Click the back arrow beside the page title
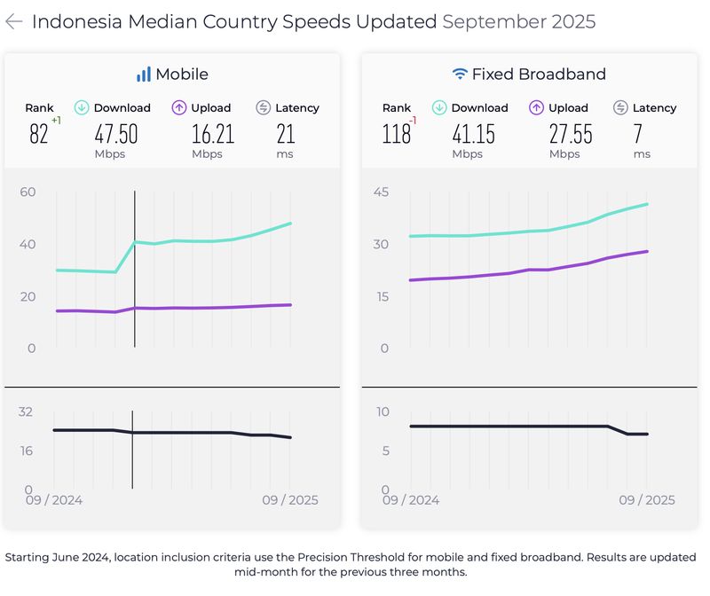[x=13, y=22]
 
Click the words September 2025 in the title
[x=518, y=22]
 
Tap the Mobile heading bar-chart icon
[x=143, y=74]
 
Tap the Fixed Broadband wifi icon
[x=459, y=74]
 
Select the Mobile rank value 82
[x=39, y=134]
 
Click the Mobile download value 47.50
[x=116, y=134]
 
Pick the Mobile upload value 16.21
[x=213, y=134]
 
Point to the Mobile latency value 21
[x=286, y=134]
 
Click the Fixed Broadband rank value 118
[x=396, y=134]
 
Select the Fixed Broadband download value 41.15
[x=473, y=134]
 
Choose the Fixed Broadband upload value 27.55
[x=571, y=134]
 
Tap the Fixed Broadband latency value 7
[x=638, y=134]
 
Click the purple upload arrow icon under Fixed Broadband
[x=536, y=108]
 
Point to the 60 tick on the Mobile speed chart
[x=28, y=192]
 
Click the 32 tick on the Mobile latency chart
[x=25, y=412]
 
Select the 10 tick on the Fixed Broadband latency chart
[x=383, y=412]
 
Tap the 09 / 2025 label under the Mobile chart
[x=289, y=500]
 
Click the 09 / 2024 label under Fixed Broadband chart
[x=411, y=500]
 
